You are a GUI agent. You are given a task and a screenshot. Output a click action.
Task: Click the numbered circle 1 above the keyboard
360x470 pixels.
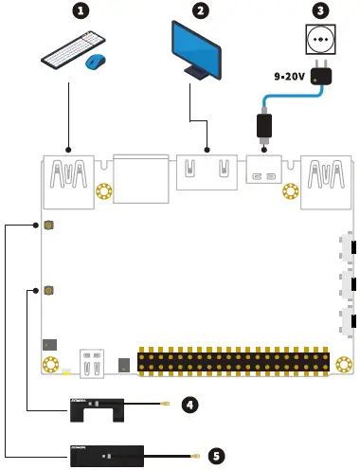tap(81, 12)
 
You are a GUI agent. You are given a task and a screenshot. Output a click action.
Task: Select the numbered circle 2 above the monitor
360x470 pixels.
tap(200, 11)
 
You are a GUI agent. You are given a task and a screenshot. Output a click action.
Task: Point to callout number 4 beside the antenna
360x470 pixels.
tap(189, 405)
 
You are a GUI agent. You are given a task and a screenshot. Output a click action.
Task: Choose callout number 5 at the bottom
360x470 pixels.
tap(217, 456)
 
